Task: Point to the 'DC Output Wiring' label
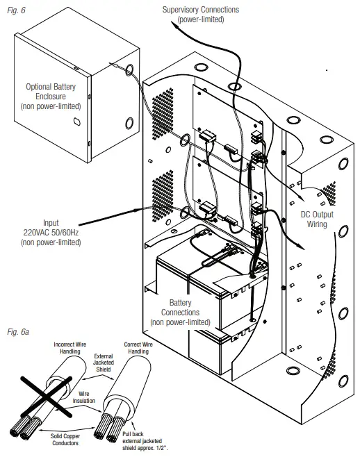[316, 220]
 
